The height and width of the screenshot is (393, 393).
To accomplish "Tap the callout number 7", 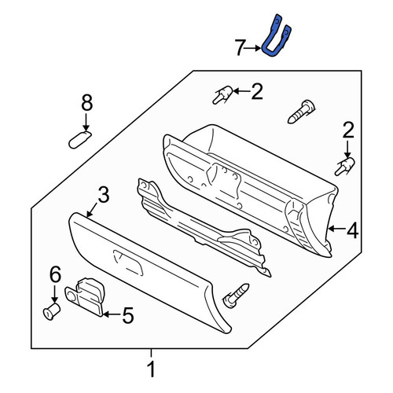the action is (x=240, y=48).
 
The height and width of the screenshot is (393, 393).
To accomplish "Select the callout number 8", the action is (x=87, y=103).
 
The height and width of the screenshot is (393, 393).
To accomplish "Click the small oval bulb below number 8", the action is (x=80, y=140).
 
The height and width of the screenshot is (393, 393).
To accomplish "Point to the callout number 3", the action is (x=104, y=195).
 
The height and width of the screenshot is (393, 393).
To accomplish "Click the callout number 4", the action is (x=353, y=230).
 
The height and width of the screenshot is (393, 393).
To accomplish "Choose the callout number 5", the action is (x=128, y=315).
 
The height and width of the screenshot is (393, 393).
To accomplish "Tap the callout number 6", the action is (x=55, y=274).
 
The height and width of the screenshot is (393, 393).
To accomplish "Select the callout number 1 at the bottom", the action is (x=152, y=369).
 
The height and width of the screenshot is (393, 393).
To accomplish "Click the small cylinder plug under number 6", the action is (x=52, y=311).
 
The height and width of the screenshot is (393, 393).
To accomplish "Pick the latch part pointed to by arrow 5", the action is (x=86, y=296).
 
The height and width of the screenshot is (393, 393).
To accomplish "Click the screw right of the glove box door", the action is (x=236, y=296).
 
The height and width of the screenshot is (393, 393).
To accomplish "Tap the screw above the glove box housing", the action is (x=301, y=112).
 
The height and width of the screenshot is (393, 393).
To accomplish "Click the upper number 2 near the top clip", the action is (x=257, y=91).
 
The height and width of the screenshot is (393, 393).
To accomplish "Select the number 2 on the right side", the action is (x=348, y=130).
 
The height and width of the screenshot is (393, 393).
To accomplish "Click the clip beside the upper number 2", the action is (x=222, y=95).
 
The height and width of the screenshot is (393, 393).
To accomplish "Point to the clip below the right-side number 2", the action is (x=345, y=167).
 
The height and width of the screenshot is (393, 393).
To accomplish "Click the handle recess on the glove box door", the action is (x=128, y=263).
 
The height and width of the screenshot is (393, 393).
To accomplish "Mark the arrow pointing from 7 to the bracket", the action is (x=254, y=48).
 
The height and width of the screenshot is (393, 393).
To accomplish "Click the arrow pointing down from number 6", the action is (x=54, y=294).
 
